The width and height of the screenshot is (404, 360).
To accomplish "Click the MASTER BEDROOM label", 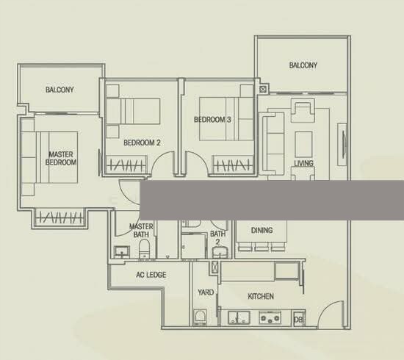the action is [61, 158].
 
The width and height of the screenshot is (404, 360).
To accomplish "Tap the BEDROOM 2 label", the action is [142, 143].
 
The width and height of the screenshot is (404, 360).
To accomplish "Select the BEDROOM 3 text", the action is [212, 120].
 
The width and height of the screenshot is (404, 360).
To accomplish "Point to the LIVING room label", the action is [304, 163].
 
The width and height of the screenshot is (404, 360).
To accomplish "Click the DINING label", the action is [261, 230].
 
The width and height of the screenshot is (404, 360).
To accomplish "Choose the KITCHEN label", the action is [261, 296].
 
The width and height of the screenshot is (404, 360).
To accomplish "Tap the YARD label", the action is [206, 292].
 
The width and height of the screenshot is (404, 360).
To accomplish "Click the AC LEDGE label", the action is [151, 275].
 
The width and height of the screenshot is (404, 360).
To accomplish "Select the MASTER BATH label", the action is [141, 231].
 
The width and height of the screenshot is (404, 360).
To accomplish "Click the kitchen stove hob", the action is [270, 317].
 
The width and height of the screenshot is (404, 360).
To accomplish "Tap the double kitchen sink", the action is [239, 317].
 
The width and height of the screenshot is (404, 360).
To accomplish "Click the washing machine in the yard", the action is [201, 317].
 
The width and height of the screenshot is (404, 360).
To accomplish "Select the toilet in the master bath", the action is [144, 248].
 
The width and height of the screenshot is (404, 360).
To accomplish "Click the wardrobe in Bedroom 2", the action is [126, 164].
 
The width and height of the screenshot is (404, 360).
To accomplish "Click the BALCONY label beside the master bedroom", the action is [59, 90].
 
